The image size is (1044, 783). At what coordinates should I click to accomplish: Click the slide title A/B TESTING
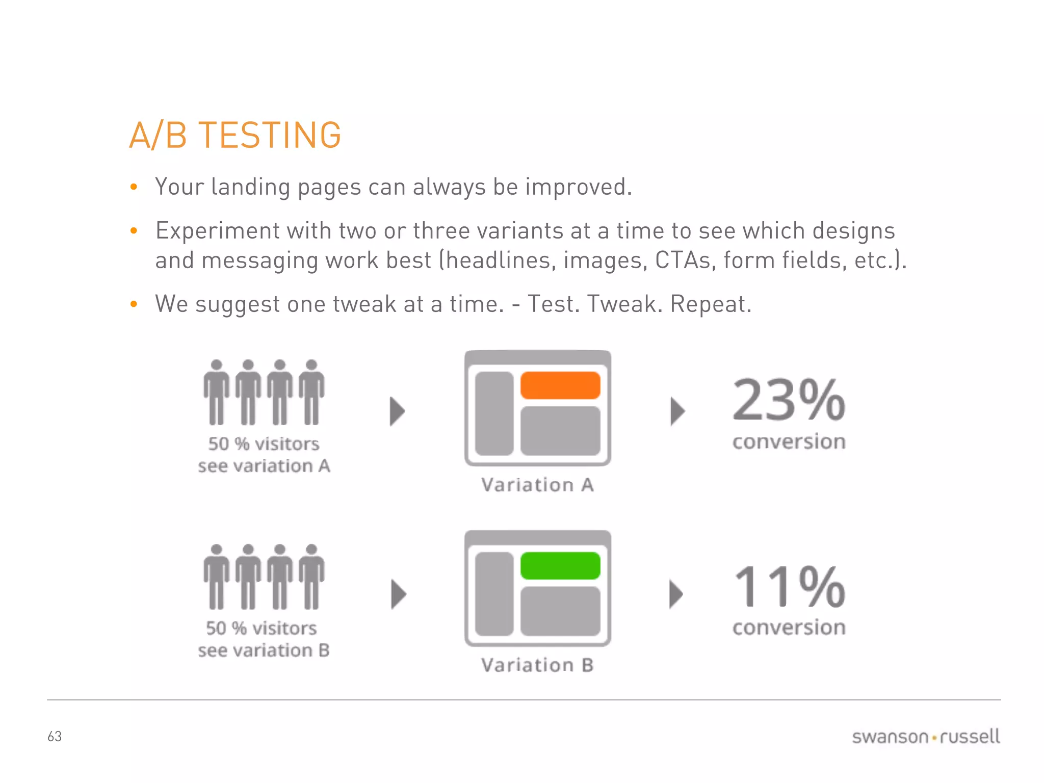(235, 136)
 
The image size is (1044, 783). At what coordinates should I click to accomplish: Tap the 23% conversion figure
(789, 401)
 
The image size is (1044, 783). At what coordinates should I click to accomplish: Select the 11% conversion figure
(789, 587)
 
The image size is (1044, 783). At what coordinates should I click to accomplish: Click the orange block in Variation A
(560, 385)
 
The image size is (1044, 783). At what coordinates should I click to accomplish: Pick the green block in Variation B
(560, 566)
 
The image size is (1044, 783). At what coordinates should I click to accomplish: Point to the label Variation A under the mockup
(537, 485)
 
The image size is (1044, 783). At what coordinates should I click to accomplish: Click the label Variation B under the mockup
(537, 665)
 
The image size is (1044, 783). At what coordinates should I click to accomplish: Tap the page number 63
(55, 737)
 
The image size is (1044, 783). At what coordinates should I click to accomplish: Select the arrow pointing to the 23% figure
(677, 411)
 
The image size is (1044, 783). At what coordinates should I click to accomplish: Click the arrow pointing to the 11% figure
(676, 594)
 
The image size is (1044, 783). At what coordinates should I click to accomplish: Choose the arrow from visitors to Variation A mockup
(397, 411)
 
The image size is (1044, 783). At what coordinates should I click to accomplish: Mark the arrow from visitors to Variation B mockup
(398, 594)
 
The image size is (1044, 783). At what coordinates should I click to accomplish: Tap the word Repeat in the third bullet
(710, 304)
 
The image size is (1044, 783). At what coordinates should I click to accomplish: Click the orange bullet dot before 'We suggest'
(134, 304)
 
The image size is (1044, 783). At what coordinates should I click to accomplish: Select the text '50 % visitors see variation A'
(264, 455)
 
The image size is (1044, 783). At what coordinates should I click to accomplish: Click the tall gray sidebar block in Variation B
(494, 594)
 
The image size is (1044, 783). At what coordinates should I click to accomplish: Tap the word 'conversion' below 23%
(789, 442)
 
